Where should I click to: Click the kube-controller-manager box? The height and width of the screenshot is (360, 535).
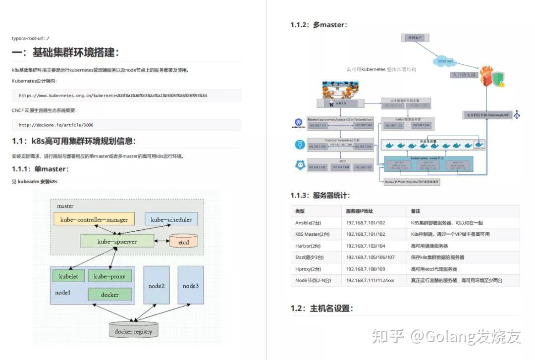[x=94, y=219]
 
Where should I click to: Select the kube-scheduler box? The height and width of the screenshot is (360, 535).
[x=171, y=219]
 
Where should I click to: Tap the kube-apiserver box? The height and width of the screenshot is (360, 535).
[x=117, y=242]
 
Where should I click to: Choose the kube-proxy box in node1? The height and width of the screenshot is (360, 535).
[x=109, y=276]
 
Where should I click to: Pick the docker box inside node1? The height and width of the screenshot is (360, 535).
[x=109, y=295]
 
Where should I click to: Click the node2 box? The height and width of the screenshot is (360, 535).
[x=156, y=286]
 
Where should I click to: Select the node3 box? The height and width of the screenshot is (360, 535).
[x=190, y=286]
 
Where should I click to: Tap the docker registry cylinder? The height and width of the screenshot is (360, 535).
[x=133, y=331]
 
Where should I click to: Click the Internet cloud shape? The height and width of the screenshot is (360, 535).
[x=445, y=61]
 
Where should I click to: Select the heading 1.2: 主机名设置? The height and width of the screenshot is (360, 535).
[x=322, y=309]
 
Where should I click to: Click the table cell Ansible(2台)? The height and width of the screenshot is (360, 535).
[x=308, y=223]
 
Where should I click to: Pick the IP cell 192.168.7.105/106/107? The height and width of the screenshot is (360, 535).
[x=371, y=257]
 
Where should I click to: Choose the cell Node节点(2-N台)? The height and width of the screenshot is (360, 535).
[x=313, y=280]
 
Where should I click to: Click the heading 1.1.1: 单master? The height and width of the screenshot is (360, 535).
[x=40, y=169]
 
